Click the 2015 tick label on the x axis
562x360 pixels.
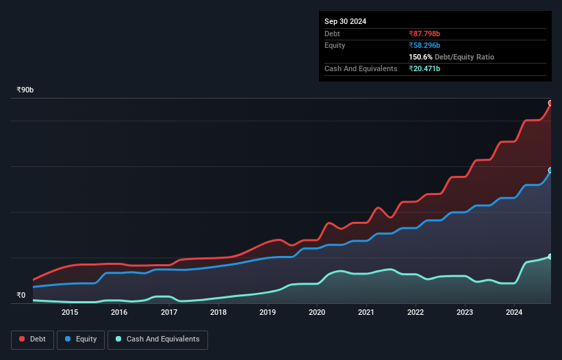70,313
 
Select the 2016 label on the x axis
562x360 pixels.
119,313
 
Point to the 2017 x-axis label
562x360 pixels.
169,313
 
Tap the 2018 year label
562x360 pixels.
218,313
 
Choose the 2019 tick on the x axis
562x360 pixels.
268,313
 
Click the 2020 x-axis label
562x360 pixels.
317,313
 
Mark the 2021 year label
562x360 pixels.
366,313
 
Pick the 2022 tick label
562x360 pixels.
416,313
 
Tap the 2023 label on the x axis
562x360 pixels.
465,313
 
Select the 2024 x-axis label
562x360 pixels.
514,313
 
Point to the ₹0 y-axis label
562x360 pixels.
21,296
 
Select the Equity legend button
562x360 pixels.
81,339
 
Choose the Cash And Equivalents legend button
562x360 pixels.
157,339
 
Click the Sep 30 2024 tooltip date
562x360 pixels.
345,21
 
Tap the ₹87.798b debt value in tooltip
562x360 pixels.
424,34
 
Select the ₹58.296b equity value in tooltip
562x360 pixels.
424,45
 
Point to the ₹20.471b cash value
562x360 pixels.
424,68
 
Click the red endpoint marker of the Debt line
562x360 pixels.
550,103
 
